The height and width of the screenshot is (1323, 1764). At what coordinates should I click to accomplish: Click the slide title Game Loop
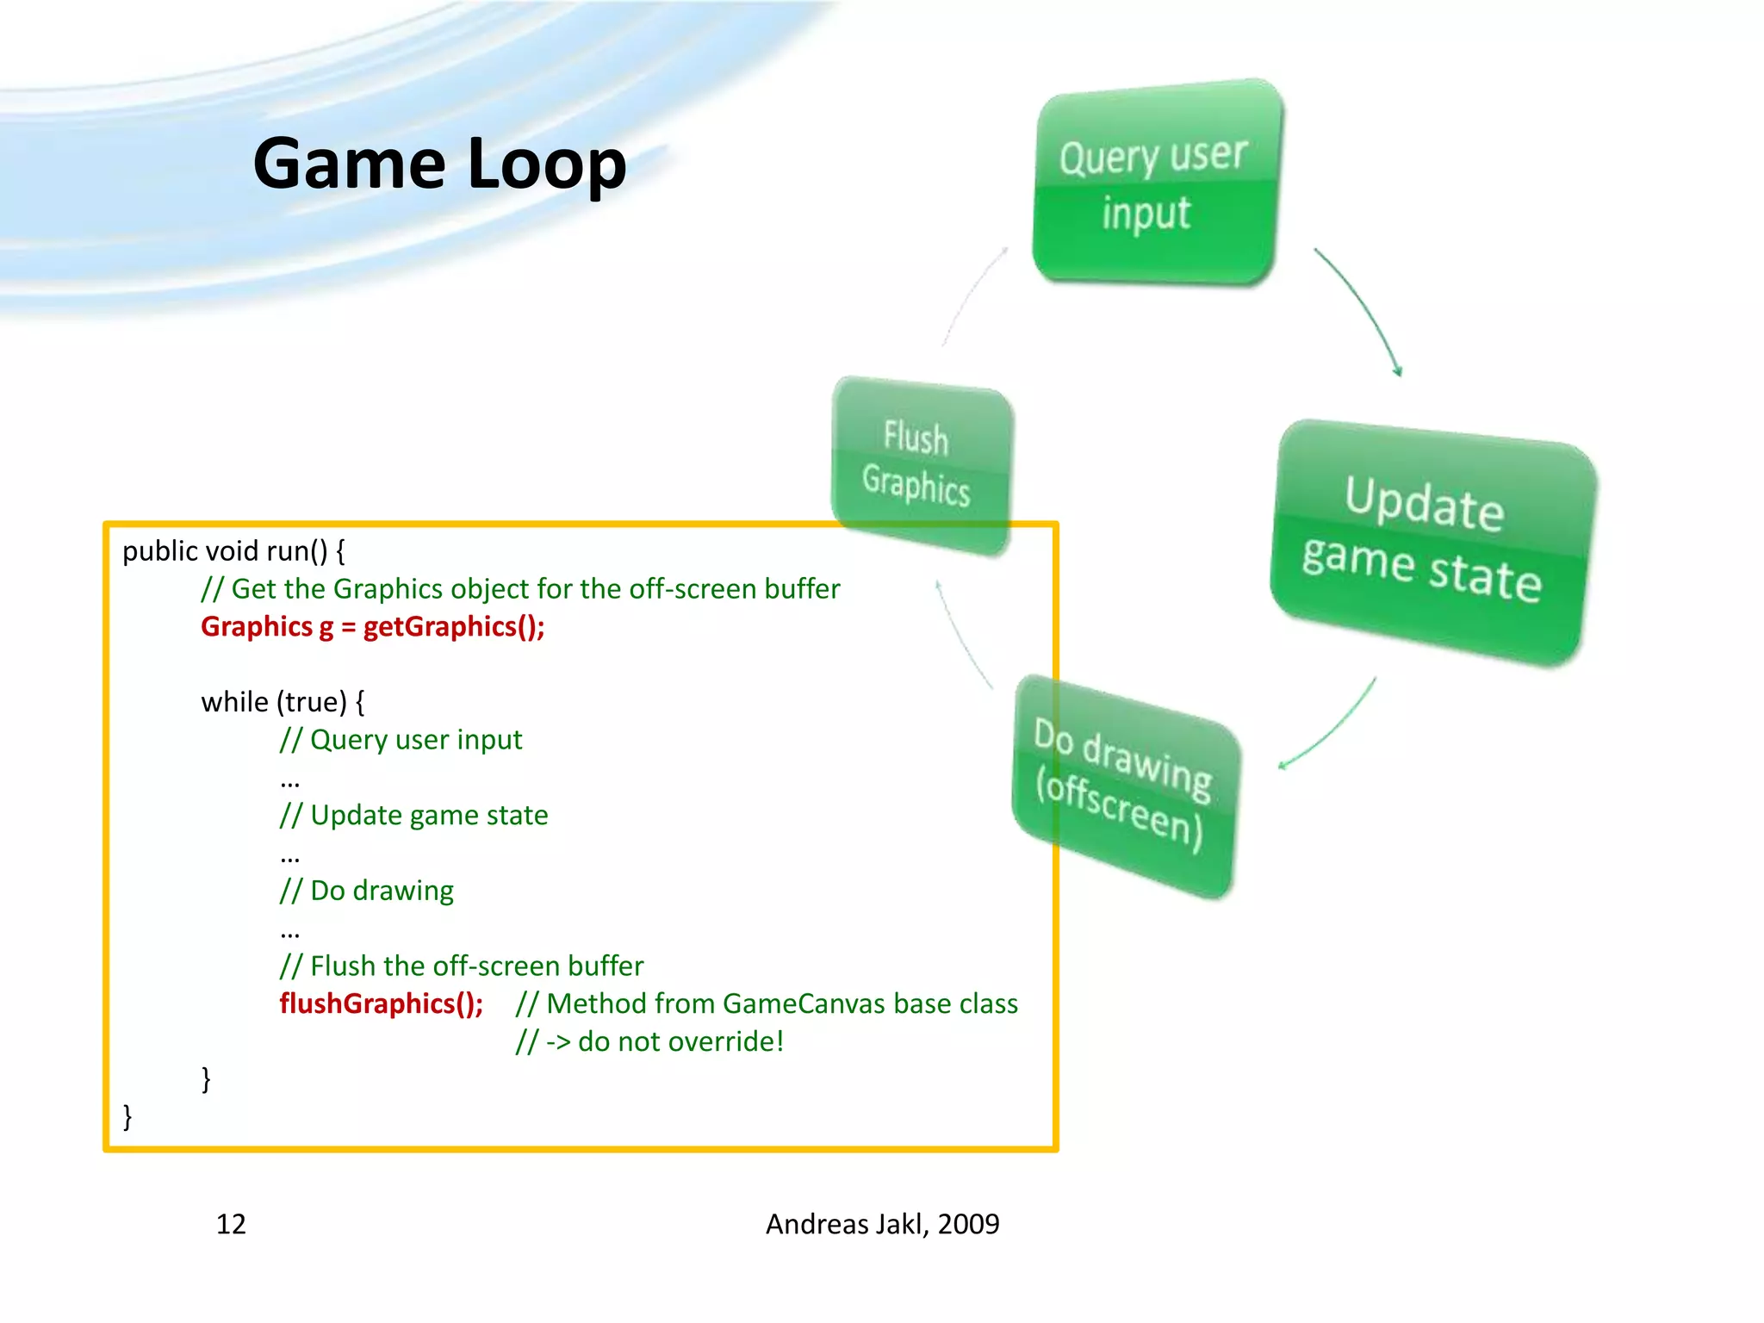click(x=439, y=164)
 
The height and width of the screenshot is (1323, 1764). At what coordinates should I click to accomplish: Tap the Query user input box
click(x=1154, y=185)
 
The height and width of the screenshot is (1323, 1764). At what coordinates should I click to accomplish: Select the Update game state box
click(x=1430, y=543)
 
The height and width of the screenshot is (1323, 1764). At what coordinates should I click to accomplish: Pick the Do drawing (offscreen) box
click(x=1124, y=784)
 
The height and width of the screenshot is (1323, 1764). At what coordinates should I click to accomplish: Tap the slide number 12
click(x=231, y=1224)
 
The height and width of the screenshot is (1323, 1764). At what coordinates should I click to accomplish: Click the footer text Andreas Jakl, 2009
click(x=882, y=1224)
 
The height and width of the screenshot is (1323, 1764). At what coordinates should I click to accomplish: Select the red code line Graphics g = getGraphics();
click(x=372, y=626)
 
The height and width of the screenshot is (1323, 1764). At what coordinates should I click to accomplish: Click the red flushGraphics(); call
click(x=381, y=1003)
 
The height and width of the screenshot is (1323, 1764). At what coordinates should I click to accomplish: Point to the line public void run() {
click(x=233, y=551)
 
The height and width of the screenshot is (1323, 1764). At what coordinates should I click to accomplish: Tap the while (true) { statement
click(x=283, y=702)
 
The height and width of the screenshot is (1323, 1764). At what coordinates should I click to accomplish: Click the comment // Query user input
click(x=401, y=740)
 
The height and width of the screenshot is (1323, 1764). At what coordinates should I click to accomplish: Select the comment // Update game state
click(x=413, y=815)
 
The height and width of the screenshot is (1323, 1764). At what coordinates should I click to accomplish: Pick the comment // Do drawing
click(x=366, y=891)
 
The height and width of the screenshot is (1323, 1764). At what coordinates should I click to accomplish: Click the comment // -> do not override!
click(x=650, y=1041)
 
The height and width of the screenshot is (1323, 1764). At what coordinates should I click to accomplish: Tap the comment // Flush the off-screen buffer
click(x=461, y=966)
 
